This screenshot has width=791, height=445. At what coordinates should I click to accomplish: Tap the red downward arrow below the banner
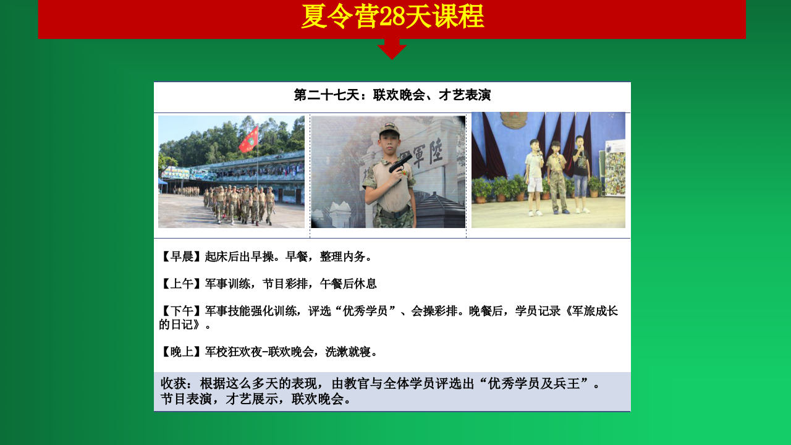392,49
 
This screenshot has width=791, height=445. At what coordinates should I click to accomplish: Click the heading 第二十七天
326,95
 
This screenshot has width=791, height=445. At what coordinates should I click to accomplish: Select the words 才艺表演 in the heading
464,95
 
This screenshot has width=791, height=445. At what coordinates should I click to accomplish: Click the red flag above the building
249,140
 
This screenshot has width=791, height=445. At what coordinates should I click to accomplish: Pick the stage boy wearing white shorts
534,177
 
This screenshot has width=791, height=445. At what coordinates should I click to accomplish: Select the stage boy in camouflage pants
557,177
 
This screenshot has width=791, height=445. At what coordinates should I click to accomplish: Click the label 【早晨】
182,256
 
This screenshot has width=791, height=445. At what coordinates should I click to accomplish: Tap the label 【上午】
182,284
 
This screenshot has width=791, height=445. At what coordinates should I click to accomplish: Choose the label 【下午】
182,311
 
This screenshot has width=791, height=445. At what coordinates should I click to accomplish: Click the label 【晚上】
182,352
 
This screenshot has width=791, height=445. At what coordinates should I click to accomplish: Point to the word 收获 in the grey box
174,384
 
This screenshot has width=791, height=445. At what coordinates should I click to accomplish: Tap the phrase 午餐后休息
348,284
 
